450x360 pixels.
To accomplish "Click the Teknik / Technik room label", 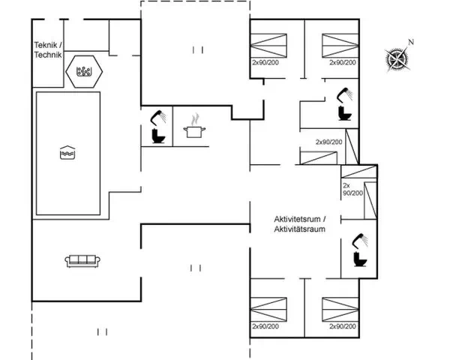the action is click(48, 50).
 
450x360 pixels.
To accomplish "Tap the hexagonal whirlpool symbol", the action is click(84, 71).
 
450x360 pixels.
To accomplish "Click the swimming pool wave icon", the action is click(67, 152).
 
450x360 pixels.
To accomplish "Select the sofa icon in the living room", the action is click(82, 261).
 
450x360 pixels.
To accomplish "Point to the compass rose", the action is click(397, 59).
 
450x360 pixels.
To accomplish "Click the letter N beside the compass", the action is click(411, 42).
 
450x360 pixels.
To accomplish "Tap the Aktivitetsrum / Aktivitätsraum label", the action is click(299, 224).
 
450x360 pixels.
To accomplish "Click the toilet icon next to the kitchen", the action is click(158, 136).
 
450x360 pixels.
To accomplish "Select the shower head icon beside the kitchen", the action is click(158, 118).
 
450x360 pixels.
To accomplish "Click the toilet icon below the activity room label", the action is click(360, 259).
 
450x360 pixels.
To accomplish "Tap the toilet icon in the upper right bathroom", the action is click(345, 113).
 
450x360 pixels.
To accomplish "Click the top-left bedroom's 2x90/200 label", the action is click(265, 62).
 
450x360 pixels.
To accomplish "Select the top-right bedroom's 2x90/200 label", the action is click(343, 62).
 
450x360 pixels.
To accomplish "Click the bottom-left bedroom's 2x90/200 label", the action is click(265, 326).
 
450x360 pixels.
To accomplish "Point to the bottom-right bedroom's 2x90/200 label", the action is click(343, 326).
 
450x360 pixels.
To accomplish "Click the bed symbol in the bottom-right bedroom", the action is click(340, 310).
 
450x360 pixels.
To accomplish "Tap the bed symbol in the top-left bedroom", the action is click(268, 46).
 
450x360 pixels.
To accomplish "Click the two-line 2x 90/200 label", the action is click(352, 189).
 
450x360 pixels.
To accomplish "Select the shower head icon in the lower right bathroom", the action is click(361, 241).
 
